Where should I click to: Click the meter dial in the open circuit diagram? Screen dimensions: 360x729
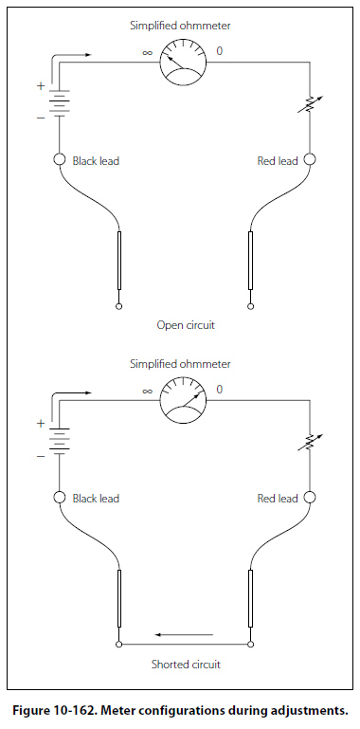pyautogui.click(x=183, y=62)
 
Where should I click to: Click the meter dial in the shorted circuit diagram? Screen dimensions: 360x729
pyautogui.click(x=183, y=400)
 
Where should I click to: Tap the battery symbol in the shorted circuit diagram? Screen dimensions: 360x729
pyautogui.click(x=60, y=439)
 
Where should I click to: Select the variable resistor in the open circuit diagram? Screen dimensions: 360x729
pyautogui.click(x=311, y=105)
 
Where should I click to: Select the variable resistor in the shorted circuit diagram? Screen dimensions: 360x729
pyautogui.click(x=311, y=444)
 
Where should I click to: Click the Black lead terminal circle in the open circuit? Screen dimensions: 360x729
pyautogui.click(x=60, y=159)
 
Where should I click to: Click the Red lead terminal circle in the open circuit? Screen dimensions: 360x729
pyautogui.click(x=310, y=159)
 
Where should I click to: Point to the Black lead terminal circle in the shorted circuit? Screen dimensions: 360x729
pyautogui.click(x=60, y=498)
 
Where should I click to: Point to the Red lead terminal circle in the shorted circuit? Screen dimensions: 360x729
pyautogui.click(x=310, y=498)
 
